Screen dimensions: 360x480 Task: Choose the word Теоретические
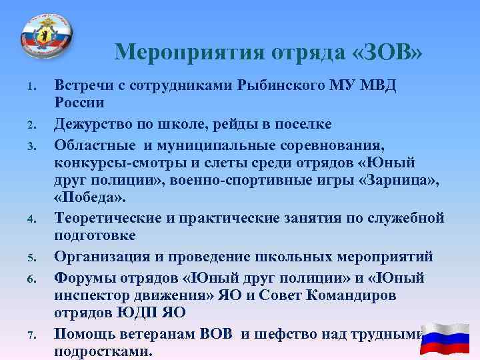pyautogui.click(x=109, y=217)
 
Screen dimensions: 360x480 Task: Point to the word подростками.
pyautogui.click(x=103, y=351)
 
